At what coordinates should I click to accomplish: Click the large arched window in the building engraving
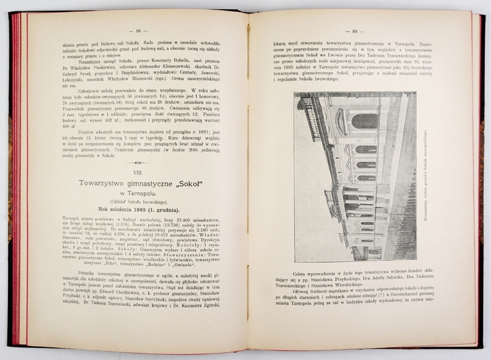364,121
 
